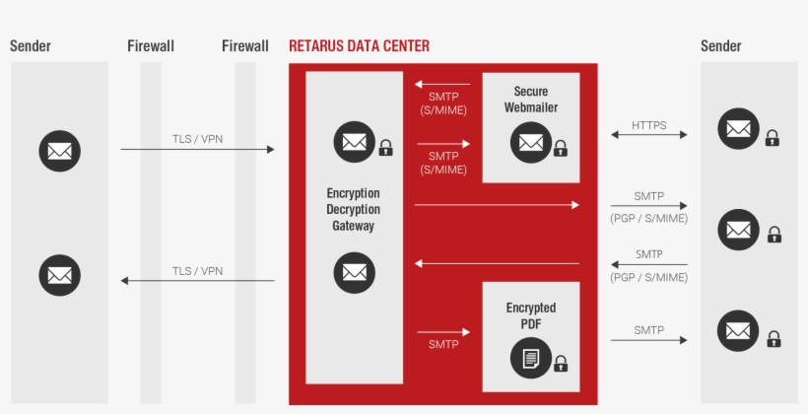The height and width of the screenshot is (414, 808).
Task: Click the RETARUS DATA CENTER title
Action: click(359, 46)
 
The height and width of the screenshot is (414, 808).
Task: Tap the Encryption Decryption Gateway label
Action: click(353, 209)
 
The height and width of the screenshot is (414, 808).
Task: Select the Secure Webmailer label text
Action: click(530, 100)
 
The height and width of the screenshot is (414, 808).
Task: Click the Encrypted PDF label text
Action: click(530, 315)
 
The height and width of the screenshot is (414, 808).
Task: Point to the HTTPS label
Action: click(648, 125)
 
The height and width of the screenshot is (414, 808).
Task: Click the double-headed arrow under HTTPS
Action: click(648, 135)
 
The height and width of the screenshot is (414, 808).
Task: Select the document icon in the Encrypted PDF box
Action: click(530, 359)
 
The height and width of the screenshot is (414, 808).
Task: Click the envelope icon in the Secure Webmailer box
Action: click(530, 143)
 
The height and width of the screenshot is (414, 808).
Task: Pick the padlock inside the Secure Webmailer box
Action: click(561, 148)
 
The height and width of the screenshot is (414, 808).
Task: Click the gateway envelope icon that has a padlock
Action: click(354, 142)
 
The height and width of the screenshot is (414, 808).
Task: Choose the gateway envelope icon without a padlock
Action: click(354, 273)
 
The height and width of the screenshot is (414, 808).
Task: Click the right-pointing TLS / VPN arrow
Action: click(197, 149)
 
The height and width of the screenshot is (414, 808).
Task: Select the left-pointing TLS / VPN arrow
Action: click(197, 281)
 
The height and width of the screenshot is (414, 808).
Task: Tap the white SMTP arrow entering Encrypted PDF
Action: click(443, 332)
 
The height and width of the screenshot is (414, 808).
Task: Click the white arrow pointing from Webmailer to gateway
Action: click(442, 85)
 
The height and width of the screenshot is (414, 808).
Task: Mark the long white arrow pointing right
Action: click(497, 205)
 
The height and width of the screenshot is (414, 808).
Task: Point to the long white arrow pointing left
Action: click(497, 263)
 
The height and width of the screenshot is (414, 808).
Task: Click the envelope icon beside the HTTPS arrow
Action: click(738, 129)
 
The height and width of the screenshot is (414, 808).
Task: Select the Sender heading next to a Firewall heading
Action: click(31, 46)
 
